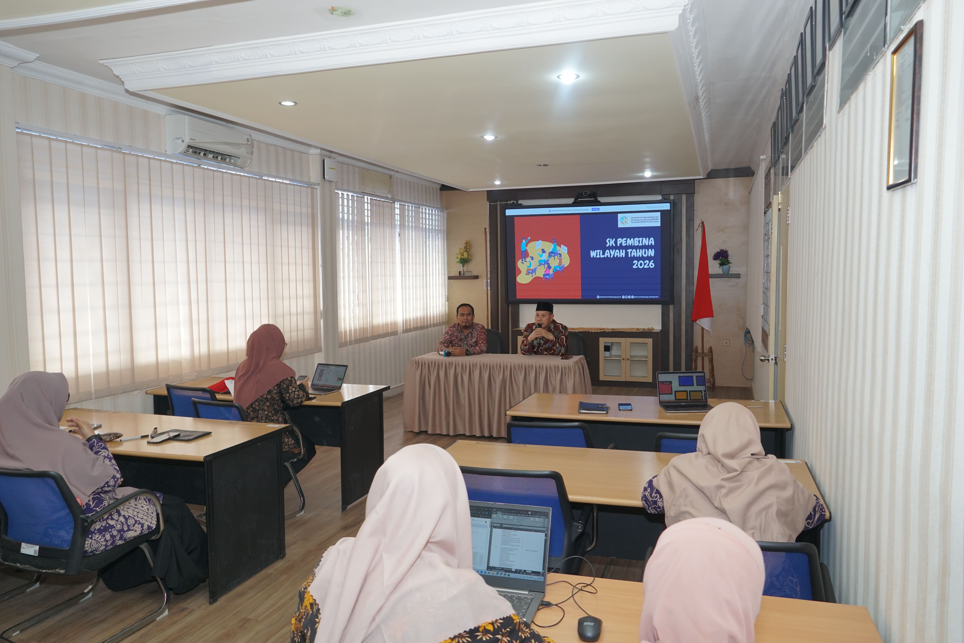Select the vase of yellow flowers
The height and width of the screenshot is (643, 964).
[x=463, y=256]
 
